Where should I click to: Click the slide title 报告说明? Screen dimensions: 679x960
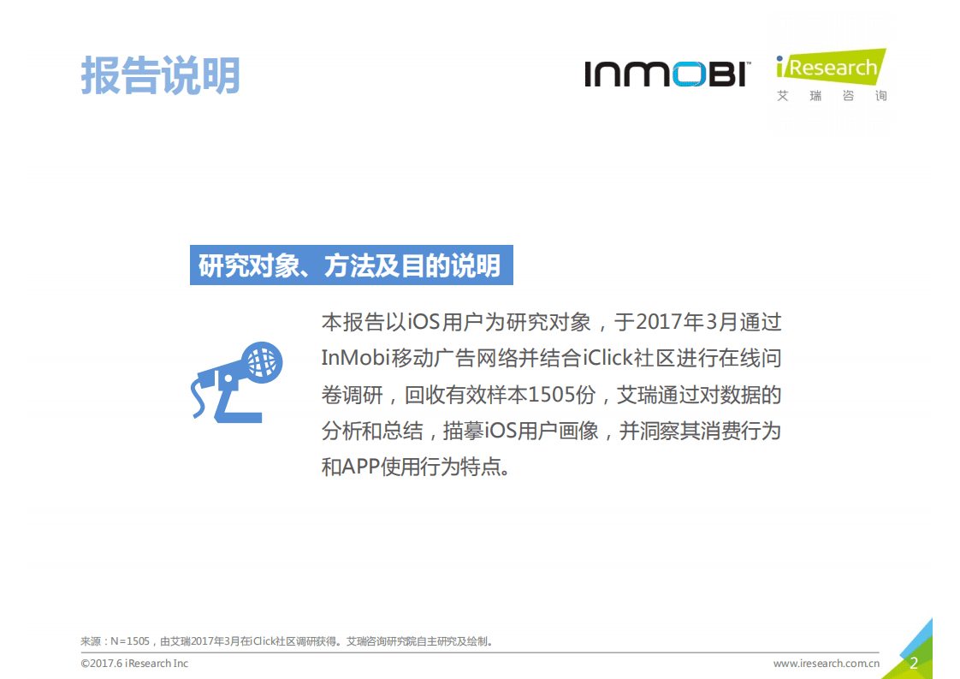[x=160, y=75]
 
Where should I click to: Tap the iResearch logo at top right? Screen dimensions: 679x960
[x=830, y=68]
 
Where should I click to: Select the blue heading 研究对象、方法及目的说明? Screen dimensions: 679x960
[x=350, y=265]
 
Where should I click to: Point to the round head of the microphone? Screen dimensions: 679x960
[x=261, y=363]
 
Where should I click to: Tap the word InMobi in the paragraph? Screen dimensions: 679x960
[x=355, y=358]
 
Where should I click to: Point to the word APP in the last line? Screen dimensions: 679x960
[x=364, y=468]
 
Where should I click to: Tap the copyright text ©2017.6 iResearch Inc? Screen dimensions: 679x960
[x=134, y=664]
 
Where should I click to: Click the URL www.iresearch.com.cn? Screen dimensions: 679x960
[x=826, y=664]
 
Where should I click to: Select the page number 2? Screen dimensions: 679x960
[x=914, y=663]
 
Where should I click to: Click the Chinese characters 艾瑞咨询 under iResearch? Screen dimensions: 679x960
[x=831, y=96]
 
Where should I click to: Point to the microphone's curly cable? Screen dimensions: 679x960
[x=199, y=399]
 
